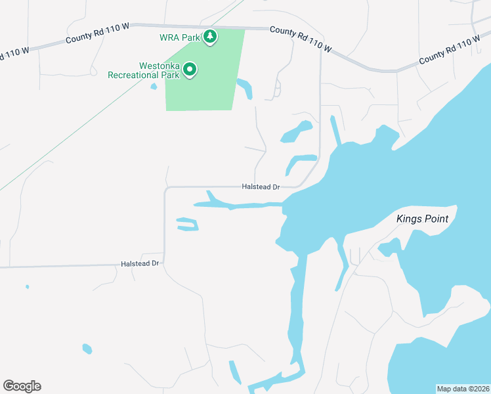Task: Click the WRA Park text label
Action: click(179, 37)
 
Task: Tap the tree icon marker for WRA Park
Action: click(210, 37)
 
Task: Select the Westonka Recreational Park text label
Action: click(150, 70)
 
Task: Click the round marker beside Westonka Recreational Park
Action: click(190, 69)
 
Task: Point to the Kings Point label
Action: click(423, 219)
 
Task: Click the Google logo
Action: click(22, 386)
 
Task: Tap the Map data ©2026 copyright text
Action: click(463, 389)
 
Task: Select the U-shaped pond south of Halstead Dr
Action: click(188, 225)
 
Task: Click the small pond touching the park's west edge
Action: click(154, 86)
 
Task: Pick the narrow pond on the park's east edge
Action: click(245, 87)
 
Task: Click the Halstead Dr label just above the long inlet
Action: click(261, 187)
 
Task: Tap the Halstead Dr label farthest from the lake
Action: click(140, 263)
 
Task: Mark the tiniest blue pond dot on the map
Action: click(27, 286)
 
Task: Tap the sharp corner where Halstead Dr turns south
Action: click(165, 190)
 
